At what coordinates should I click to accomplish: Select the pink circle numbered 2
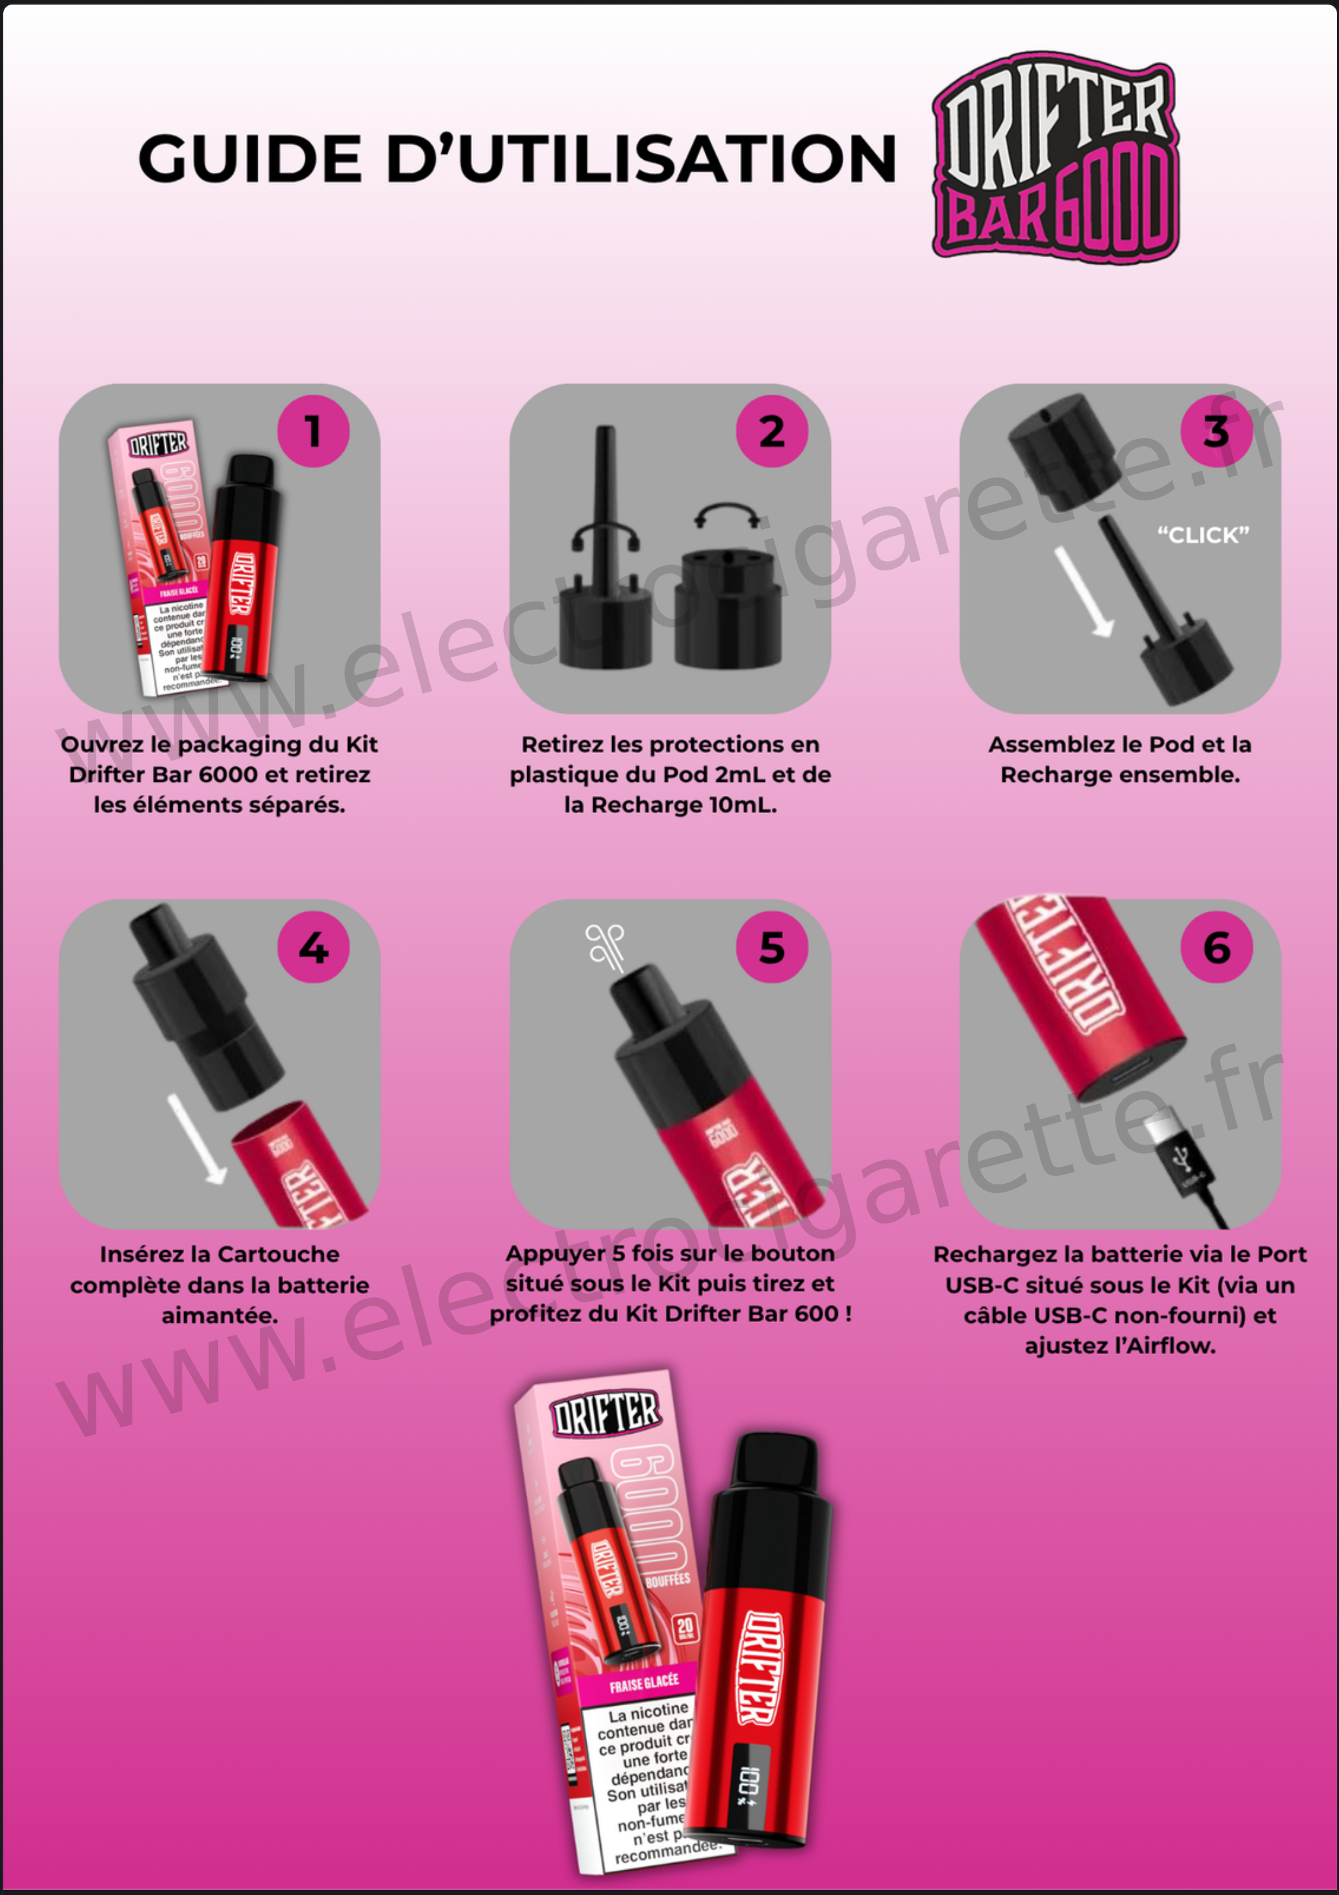click(x=772, y=431)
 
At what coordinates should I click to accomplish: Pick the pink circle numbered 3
click(x=1216, y=431)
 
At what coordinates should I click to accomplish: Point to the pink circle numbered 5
click(x=772, y=947)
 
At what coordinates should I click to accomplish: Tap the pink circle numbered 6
click(x=1216, y=947)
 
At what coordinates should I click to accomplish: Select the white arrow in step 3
click(x=1083, y=593)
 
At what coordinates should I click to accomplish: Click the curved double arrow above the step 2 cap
click(x=726, y=516)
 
